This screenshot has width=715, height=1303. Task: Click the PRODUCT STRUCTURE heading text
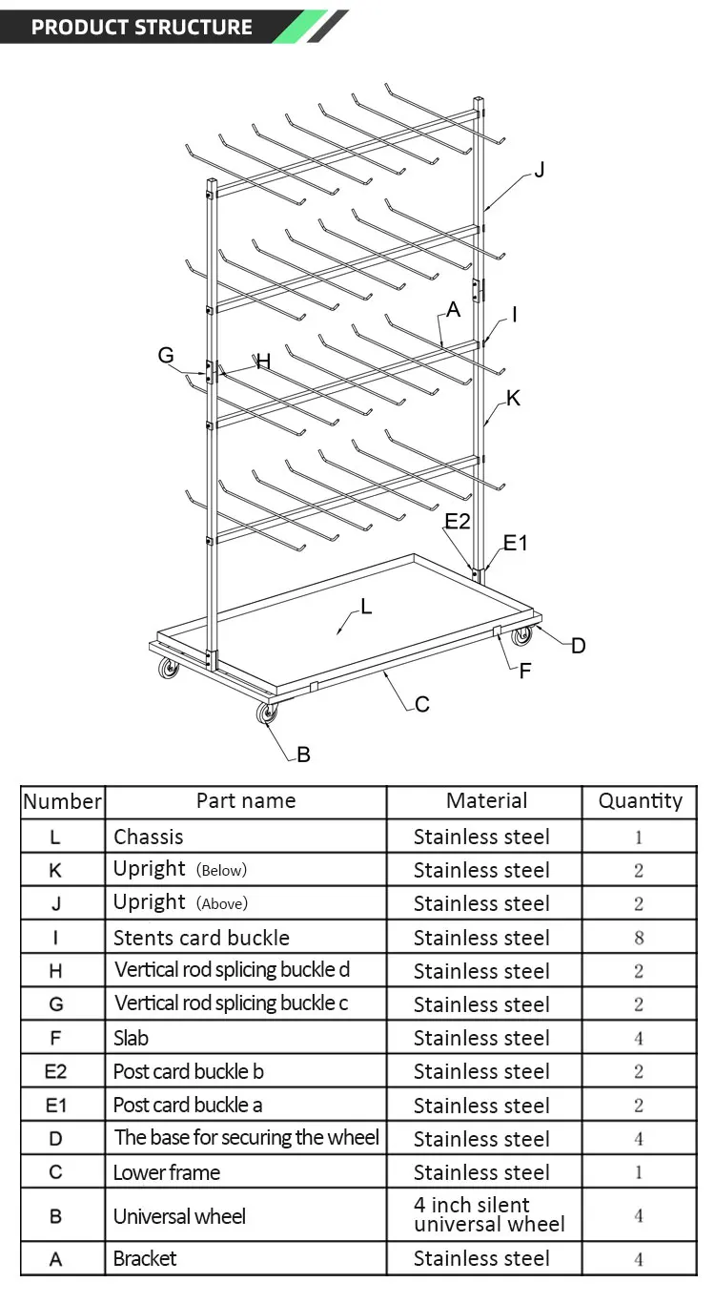point(141,27)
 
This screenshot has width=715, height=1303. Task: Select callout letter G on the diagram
point(166,355)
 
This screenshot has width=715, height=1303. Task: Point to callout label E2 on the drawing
point(458,521)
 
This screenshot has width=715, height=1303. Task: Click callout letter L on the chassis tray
point(366,605)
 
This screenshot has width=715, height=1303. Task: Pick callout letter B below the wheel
point(303,755)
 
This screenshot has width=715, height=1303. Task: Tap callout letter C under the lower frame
point(422,704)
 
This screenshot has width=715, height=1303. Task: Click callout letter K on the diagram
point(513,398)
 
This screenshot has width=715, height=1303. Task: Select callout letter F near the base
point(524,671)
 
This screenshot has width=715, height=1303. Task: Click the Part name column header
point(246,801)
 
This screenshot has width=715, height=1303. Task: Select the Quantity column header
point(640,801)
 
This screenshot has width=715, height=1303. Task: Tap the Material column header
point(486,801)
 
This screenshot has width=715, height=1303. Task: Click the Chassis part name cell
point(149,837)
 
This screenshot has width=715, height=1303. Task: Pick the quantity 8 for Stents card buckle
point(639,938)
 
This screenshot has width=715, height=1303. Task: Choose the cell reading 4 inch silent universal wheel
point(488,1215)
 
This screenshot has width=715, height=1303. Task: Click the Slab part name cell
point(132,1038)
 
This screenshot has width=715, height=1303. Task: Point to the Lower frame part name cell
point(167,1172)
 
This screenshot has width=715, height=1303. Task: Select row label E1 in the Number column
point(55,1106)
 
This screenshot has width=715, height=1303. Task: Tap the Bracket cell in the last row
point(145,1258)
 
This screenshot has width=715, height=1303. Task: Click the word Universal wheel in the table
point(179,1216)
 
